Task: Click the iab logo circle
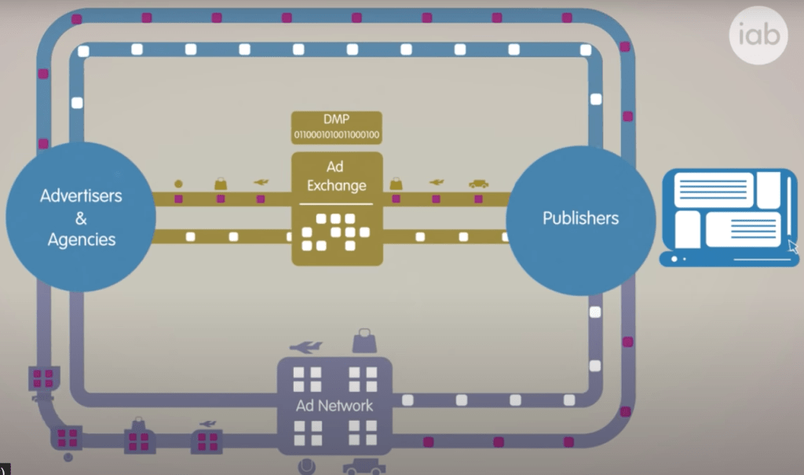point(758,35)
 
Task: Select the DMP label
point(337,120)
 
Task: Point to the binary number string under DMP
point(337,135)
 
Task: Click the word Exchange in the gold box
point(337,186)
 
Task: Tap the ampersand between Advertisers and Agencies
point(81,217)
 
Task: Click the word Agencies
point(81,239)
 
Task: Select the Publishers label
point(580,217)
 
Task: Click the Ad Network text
point(334,406)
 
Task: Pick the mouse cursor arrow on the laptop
point(793,247)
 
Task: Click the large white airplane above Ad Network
point(305,346)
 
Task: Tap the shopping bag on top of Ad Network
point(364,342)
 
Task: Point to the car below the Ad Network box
point(364,467)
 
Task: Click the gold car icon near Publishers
point(478,184)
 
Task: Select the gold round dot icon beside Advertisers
point(178,184)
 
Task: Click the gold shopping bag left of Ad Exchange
point(221,184)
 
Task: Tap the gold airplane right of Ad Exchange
point(437,183)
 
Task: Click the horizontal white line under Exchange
point(337,203)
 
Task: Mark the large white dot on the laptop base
point(673,258)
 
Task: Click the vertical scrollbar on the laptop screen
point(788,205)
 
